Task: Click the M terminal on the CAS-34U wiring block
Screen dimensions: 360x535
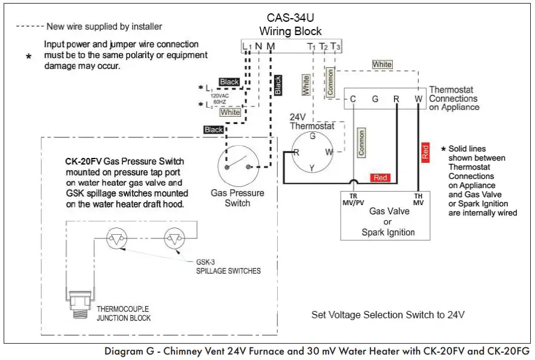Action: pyautogui.click(x=270, y=46)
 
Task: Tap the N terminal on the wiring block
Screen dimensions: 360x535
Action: pyautogui.click(x=258, y=46)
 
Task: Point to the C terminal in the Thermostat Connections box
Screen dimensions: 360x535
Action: pyautogui.click(x=352, y=99)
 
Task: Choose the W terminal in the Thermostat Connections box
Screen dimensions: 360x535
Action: pyautogui.click(x=418, y=99)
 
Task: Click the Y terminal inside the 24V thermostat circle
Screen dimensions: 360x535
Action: pyautogui.click(x=312, y=168)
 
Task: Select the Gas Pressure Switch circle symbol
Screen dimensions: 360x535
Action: pyautogui.click(x=237, y=166)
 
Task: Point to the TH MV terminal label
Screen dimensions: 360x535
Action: pyautogui.click(x=418, y=199)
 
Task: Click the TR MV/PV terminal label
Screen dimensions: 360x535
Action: pyautogui.click(x=353, y=199)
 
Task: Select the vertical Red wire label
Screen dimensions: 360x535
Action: pyautogui.click(x=425, y=152)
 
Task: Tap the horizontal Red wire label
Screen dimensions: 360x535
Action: pyautogui.click(x=380, y=178)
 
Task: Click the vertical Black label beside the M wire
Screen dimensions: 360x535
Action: pyautogui.click(x=278, y=85)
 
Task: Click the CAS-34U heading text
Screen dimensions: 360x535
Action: pyautogui.click(x=290, y=18)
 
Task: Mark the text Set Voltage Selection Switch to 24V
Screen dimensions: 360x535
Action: pyautogui.click(x=388, y=315)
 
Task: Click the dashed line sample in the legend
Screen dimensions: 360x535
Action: pyautogui.click(x=29, y=27)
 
